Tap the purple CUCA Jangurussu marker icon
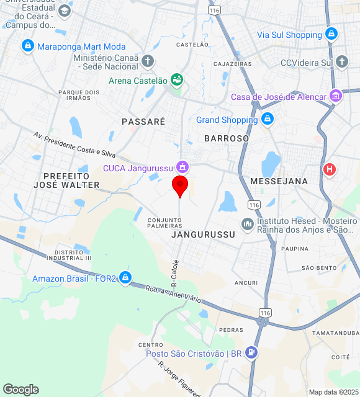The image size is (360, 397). pos(182,167)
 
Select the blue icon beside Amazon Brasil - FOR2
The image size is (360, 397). pos(125,277)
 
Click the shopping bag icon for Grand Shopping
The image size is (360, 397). pos(268,119)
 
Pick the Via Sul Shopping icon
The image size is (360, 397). pos(331,34)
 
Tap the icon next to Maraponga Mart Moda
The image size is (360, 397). pos(27,46)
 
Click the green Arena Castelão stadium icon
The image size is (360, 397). pos(178,80)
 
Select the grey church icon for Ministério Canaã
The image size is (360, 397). pos(147,61)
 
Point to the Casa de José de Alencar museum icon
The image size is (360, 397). pos(336,96)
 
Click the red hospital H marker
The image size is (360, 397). pos(330,168)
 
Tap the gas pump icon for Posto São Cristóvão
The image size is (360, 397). pos(251,353)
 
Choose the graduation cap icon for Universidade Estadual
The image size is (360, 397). pos(65,11)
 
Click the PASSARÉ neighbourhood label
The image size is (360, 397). pos(143,122)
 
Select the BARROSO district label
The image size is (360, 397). pos(227,138)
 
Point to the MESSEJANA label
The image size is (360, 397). pos(279,181)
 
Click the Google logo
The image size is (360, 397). pos(20,390)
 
